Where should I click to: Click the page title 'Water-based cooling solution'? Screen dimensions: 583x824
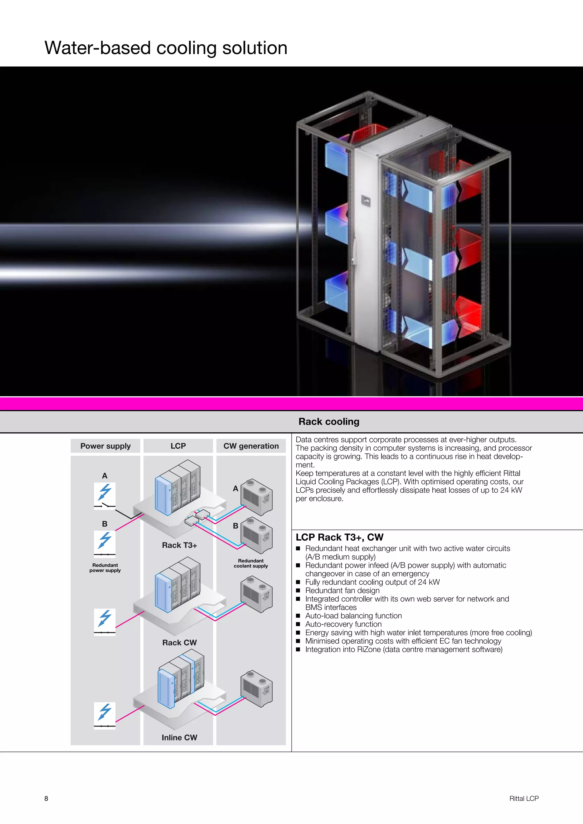tap(166, 48)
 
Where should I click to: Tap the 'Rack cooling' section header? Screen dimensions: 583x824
tap(329, 422)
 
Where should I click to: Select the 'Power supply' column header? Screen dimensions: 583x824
tap(105, 446)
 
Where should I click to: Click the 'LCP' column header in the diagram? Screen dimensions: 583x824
tap(178, 446)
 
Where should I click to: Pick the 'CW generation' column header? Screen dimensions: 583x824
tap(251, 446)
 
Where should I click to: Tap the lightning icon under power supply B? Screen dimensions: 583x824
tap(105, 541)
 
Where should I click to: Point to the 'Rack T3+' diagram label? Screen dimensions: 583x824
tap(179, 545)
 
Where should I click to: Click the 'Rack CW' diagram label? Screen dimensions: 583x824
tap(179, 642)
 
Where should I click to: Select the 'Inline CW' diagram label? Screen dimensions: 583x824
tap(179, 738)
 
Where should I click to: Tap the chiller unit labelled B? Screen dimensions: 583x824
tap(256, 535)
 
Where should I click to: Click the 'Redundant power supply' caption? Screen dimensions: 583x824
tap(105, 568)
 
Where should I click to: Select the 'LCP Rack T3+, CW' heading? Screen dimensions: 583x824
tap(339, 537)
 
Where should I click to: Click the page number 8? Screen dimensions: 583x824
tap(46, 798)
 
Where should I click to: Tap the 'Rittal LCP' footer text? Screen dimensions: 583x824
tap(524, 798)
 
